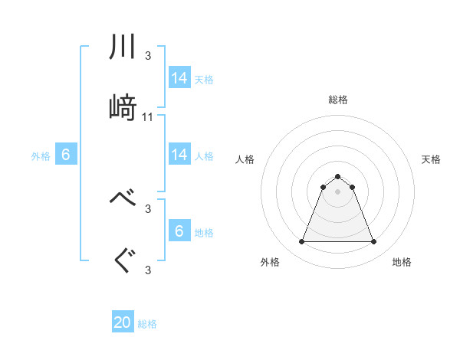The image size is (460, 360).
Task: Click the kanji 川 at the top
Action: tap(123, 48)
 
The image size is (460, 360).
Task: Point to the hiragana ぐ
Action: tap(123, 260)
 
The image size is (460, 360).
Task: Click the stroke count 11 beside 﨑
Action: tap(148, 117)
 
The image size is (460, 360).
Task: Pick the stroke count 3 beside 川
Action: tap(148, 55)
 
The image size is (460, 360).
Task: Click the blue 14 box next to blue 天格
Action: tap(179, 78)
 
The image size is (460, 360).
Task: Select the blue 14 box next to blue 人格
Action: tap(179, 155)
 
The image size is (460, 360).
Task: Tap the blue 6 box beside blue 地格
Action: tap(179, 232)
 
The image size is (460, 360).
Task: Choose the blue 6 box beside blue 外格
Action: tap(66, 155)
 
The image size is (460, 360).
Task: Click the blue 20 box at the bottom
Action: tap(123, 323)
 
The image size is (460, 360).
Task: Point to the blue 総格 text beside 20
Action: tap(148, 324)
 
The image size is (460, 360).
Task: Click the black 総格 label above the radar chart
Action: tap(337, 100)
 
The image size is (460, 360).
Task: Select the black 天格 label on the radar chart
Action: tap(432, 159)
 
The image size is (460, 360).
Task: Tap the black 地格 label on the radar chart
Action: tap(402, 262)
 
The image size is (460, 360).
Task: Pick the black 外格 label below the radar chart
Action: tap(270, 262)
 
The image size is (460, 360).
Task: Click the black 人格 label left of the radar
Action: tap(245, 159)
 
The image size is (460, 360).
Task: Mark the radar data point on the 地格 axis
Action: tap(373, 242)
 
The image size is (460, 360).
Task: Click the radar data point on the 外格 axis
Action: tap(301, 242)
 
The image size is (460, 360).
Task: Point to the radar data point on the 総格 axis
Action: tap(337, 176)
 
